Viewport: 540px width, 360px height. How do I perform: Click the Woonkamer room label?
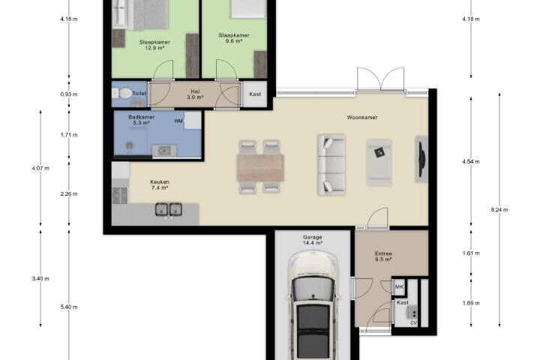coord(362,118)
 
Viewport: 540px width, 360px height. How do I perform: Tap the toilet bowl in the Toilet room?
coord(122,93)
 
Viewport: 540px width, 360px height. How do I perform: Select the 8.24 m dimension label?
coord(499,210)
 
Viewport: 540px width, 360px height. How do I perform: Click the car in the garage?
coord(313,305)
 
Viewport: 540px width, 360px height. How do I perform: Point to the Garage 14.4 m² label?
coord(313,240)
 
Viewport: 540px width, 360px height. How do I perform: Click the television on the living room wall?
coord(421,159)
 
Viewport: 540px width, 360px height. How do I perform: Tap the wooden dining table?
coord(260,168)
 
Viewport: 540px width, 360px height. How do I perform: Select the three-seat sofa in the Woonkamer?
coord(331,165)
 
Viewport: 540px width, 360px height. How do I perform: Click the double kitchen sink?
coord(169,209)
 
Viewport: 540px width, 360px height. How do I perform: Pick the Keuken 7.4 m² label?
coord(160,185)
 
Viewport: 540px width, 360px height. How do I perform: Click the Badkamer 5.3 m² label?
coord(141,120)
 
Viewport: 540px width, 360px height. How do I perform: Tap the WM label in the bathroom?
coord(178,121)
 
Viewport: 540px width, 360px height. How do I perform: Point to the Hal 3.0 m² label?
coord(195,94)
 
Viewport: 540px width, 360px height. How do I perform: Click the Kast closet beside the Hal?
coord(255,94)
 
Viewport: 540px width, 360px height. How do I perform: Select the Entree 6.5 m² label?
coord(383,256)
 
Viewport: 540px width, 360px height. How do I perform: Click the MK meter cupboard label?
coord(399,287)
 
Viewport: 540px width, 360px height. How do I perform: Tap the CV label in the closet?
coord(413,322)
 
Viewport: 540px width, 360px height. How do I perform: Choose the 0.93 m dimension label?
coord(69,94)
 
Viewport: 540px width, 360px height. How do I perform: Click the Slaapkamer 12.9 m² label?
coord(154,45)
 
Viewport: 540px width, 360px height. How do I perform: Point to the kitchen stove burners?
coord(120,195)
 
